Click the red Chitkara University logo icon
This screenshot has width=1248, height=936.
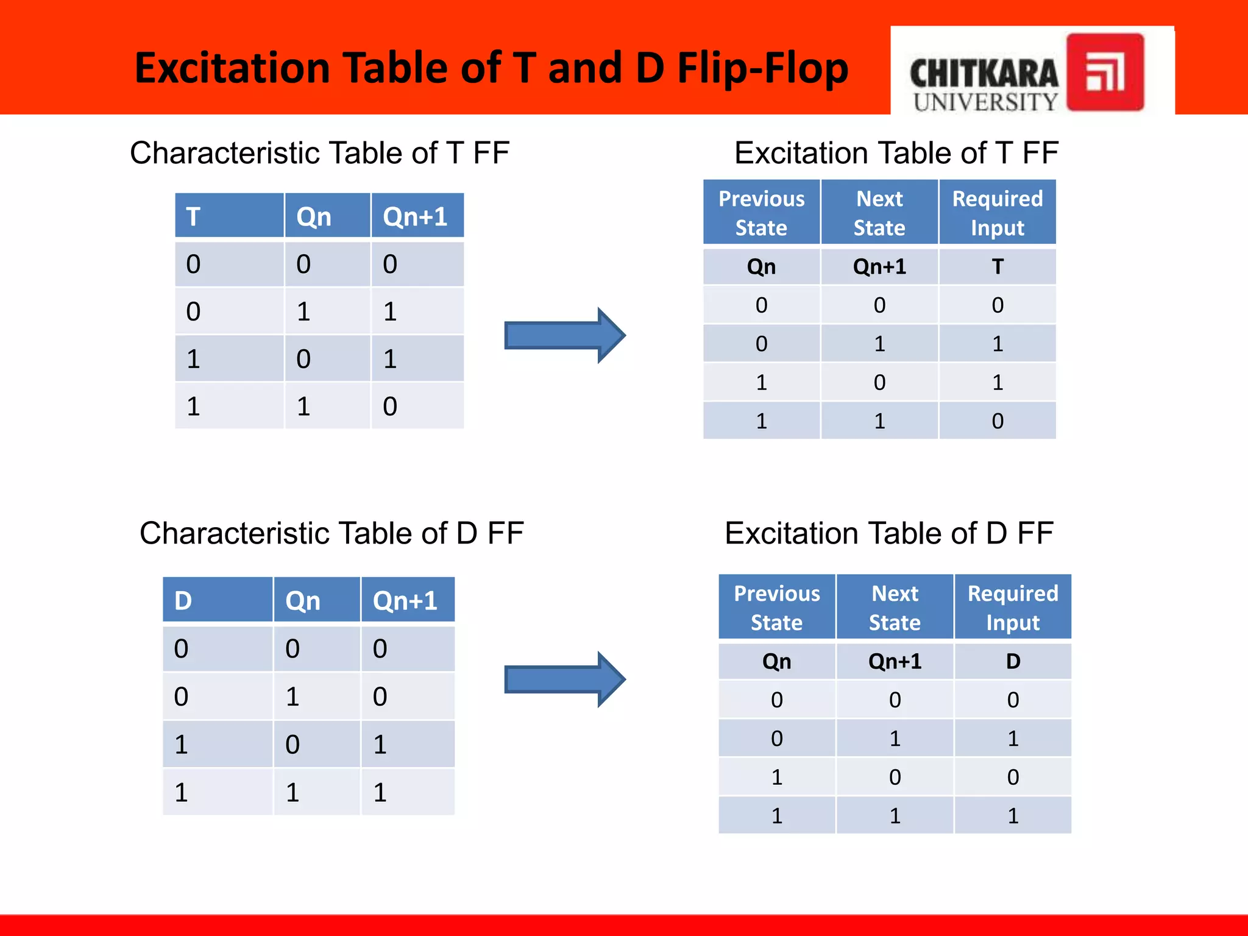point(1105,72)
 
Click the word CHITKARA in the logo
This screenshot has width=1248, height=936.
point(984,73)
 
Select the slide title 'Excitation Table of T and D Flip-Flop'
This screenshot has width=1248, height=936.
point(491,68)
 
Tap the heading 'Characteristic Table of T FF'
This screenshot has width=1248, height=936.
point(319,152)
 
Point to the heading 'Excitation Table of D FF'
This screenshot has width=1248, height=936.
point(889,533)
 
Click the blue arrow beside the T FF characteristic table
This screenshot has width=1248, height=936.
point(564,335)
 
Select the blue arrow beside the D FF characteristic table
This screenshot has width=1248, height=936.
point(564,679)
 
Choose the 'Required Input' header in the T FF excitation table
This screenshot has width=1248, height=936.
point(998,213)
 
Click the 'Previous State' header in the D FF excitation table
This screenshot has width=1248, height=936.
point(777,608)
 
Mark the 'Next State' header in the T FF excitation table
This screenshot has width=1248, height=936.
point(879,213)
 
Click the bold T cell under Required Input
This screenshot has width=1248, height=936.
point(998,266)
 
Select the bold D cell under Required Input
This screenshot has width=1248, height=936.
point(1013,661)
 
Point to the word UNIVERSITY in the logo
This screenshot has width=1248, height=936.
point(985,102)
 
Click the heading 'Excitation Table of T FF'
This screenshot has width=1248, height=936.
point(896,152)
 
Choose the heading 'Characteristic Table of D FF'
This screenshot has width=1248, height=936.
point(331,533)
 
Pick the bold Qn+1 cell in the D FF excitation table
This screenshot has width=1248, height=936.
point(895,661)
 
